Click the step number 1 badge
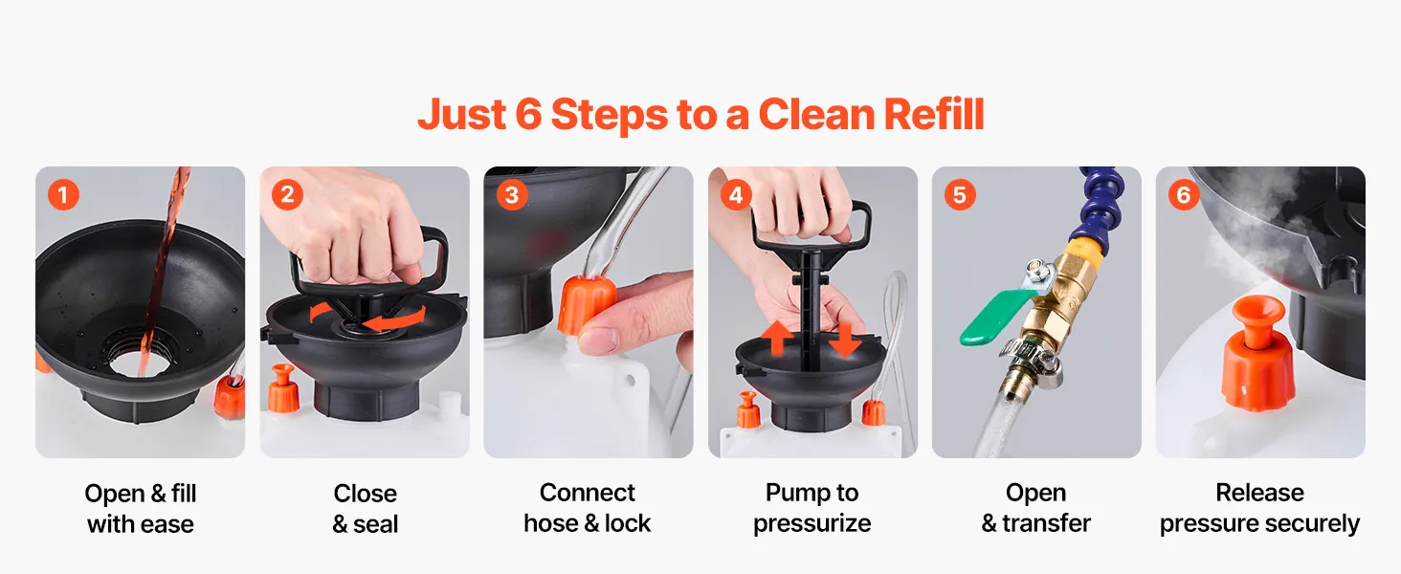(63, 194)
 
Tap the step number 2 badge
(287, 194)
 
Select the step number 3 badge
(512, 194)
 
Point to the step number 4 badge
(736, 194)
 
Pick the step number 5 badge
(960, 194)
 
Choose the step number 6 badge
(1184, 194)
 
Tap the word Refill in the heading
(934, 115)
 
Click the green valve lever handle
(993, 318)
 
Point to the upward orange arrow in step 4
(777, 338)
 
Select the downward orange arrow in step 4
(844, 340)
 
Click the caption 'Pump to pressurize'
(812, 508)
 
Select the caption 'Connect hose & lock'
(588, 508)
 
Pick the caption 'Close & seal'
(366, 508)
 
